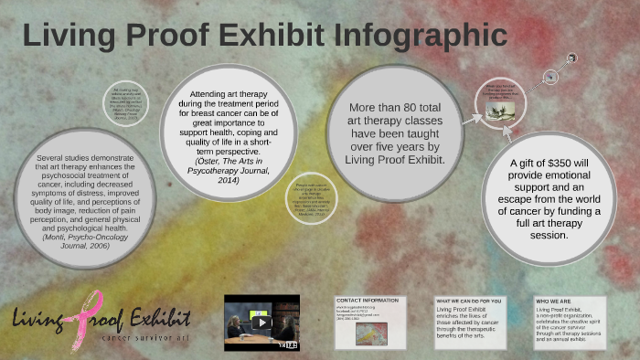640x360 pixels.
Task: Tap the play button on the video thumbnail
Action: coord(261,322)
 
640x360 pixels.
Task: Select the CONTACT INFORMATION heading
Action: coord(367,301)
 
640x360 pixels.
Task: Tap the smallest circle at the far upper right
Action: coord(571,58)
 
